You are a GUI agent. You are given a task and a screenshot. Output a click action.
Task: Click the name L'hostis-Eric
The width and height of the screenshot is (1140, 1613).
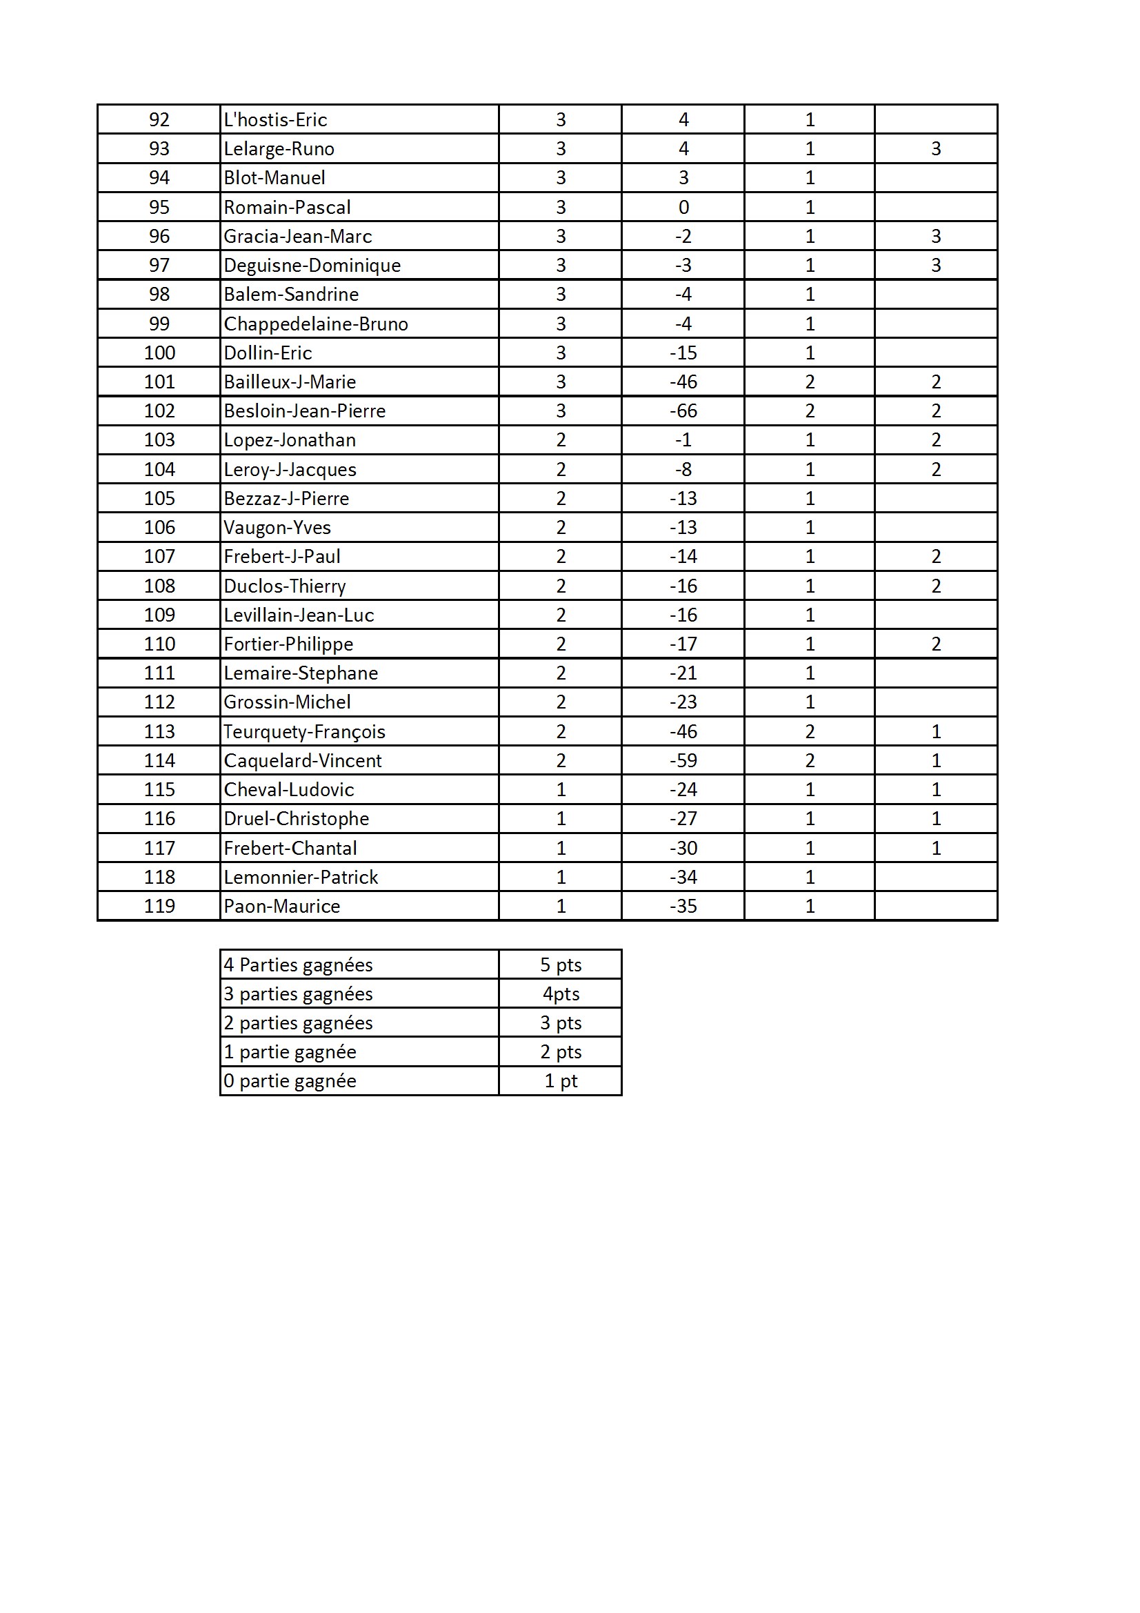pos(275,120)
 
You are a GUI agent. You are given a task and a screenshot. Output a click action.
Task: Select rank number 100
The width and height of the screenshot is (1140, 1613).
pos(159,353)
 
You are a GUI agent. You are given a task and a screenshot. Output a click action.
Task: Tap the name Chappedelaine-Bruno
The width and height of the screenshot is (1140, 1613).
pos(315,324)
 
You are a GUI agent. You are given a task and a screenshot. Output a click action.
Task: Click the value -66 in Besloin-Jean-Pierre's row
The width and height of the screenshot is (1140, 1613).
pos(683,411)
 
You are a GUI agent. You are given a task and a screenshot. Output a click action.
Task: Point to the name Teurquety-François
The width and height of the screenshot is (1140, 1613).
pos(304,732)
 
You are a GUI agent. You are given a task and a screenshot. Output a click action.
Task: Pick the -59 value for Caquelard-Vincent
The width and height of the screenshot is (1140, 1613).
pos(683,761)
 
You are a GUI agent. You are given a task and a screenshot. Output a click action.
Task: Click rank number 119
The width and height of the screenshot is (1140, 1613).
pos(159,907)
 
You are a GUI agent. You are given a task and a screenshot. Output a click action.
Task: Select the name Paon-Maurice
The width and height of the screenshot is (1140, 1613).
pos(281,907)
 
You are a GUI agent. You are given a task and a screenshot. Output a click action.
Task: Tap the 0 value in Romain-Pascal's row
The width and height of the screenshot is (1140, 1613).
pos(683,207)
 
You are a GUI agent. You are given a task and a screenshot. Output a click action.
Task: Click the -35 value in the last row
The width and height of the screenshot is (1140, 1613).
pos(683,907)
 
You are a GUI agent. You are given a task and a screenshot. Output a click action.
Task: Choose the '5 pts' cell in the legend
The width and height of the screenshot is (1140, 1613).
pos(561,965)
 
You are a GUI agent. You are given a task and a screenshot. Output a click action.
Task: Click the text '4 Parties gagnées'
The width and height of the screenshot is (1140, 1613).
pos(298,965)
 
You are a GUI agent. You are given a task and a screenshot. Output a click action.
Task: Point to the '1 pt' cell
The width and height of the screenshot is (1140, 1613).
pos(561,1081)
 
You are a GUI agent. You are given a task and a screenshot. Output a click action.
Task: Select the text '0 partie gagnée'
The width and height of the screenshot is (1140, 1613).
pos(290,1081)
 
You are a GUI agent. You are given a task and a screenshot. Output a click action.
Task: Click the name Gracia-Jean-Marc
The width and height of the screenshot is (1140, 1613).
pos(298,237)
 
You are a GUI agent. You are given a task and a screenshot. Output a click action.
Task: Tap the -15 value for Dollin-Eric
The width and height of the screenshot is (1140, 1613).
pos(683,353)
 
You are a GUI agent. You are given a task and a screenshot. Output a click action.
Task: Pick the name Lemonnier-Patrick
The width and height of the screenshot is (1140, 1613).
pos(301,878)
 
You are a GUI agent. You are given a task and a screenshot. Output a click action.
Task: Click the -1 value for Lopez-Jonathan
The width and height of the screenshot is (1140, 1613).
pos(683,440)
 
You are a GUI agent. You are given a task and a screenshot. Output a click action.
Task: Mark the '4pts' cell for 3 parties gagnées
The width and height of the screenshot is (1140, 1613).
pos(561,994)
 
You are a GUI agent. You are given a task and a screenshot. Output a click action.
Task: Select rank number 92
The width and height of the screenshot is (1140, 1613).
pos(159,120)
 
